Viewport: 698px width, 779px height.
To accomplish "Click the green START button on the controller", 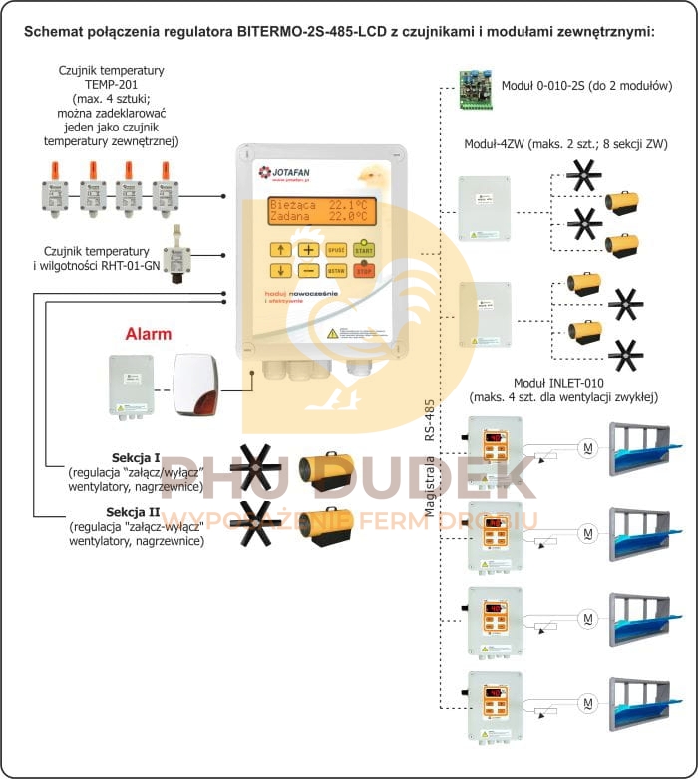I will tap(365, 250).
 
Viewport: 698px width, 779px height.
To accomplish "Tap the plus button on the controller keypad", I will tap(310, 250).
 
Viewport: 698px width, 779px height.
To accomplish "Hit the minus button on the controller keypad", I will tap(310, 271).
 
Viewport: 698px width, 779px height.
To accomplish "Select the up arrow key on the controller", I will tap(282, 250).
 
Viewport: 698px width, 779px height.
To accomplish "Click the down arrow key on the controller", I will tap(282, 271).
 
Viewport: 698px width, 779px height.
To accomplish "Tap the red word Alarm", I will tap(148, 334).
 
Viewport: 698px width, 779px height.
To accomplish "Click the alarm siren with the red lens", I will tap(195, 385).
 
